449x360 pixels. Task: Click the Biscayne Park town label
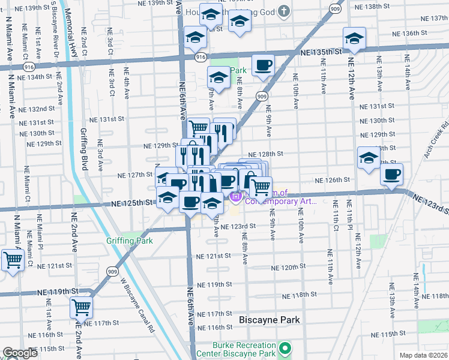(270, 320)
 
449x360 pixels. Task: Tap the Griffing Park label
(130, 241)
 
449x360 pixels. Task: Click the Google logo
(20, 353)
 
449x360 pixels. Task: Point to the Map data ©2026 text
(423, 355)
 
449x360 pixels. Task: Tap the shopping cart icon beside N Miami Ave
(13, 261)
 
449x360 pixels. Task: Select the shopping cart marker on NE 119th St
(81, 307)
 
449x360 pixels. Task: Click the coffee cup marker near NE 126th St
(392, 175)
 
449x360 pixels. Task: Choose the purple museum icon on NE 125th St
(236, 196)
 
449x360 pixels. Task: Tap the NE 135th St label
(321, 52)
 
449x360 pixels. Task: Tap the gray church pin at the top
(286, 11)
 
